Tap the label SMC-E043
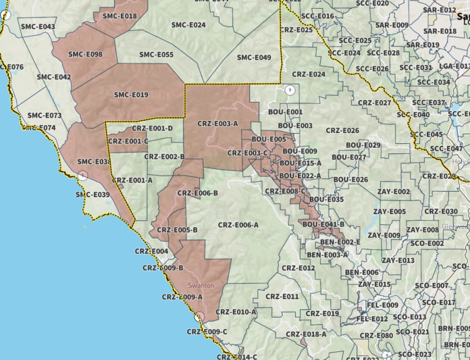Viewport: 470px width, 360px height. pos(38,26)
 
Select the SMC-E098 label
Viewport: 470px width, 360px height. pos(85,54)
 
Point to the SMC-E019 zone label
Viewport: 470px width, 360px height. pos(131,95)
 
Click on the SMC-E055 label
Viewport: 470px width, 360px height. pos(157,55)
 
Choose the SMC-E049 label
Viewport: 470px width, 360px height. pos(254,57)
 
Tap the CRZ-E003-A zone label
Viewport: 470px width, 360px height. pos(217,124)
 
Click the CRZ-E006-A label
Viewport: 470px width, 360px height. pos(238,225)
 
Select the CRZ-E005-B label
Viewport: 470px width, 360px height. pos(177,230)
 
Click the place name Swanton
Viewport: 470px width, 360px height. pos(201,286)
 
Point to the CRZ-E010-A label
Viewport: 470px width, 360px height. pos(236,312)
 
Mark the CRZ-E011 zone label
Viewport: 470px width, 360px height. pos(282,297)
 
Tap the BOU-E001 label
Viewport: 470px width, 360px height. pos(286,111)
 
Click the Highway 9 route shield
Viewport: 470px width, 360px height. pos(290,90)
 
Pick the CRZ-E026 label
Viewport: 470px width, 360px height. pos(342,130)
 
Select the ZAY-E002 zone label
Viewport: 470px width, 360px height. pos(394,192)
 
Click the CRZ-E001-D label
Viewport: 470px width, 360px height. pos(153,128)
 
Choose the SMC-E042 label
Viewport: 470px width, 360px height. pos(54,77)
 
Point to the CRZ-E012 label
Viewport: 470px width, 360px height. pos(298,268)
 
